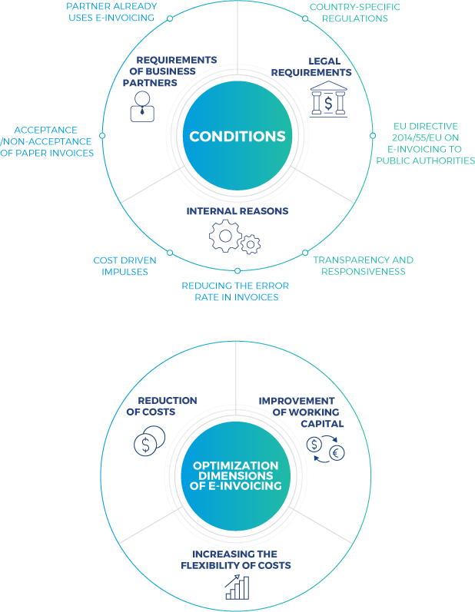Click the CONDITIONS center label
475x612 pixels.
[237, 137]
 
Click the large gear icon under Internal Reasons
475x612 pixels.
[225, 236]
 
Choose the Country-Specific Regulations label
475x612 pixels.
[354, 12]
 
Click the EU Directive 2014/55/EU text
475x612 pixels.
[425, 143]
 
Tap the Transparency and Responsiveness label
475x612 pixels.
[363, 266]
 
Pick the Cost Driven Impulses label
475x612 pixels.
[125, 266]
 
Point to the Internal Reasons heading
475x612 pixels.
[237, 210]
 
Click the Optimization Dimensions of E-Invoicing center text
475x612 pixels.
[236, 476]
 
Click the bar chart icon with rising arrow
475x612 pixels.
[237, 588]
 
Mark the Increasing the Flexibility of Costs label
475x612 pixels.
[236, 560]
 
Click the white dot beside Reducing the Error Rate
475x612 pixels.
[237, 270]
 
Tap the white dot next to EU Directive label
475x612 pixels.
[373, 135]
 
